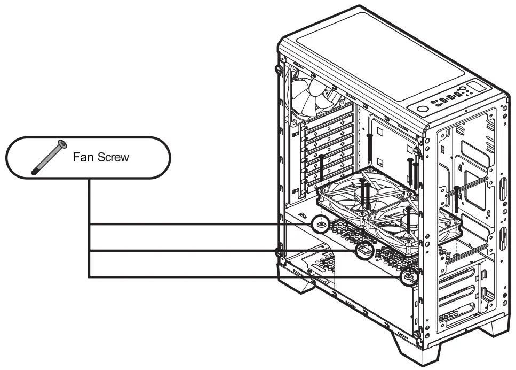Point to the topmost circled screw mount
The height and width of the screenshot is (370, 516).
pyautogui.click(x=321, y=224)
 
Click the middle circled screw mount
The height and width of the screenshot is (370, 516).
pyautogui.click(x=364, y=250)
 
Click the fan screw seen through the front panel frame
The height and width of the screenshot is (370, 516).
pyautogui.click(x=457, y=198)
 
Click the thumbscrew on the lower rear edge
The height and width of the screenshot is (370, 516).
pyautogui.click(x=277, y=251)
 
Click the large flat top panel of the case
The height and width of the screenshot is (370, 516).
pyautogui.click(x=374, y=59)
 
